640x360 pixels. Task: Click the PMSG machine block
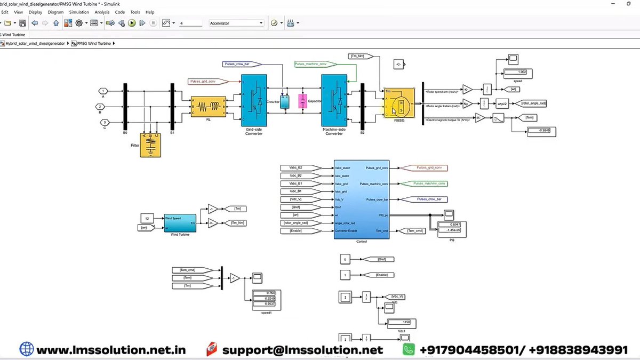[399, 104]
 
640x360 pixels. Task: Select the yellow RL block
[209, 107]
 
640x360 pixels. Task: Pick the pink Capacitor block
[302, 100]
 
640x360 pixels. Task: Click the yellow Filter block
[150, 145]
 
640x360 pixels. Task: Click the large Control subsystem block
[362, 199]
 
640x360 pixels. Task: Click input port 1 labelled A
[103, 91]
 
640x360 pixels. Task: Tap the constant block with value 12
[147, 218]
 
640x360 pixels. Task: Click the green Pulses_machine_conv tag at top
[314, 64]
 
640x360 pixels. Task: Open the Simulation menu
[79, 12]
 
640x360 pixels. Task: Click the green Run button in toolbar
[132, 23]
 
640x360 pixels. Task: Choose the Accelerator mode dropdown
[236, 23]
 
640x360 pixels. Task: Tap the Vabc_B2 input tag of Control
[299, 168]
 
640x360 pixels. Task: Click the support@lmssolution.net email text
[302, 350]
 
